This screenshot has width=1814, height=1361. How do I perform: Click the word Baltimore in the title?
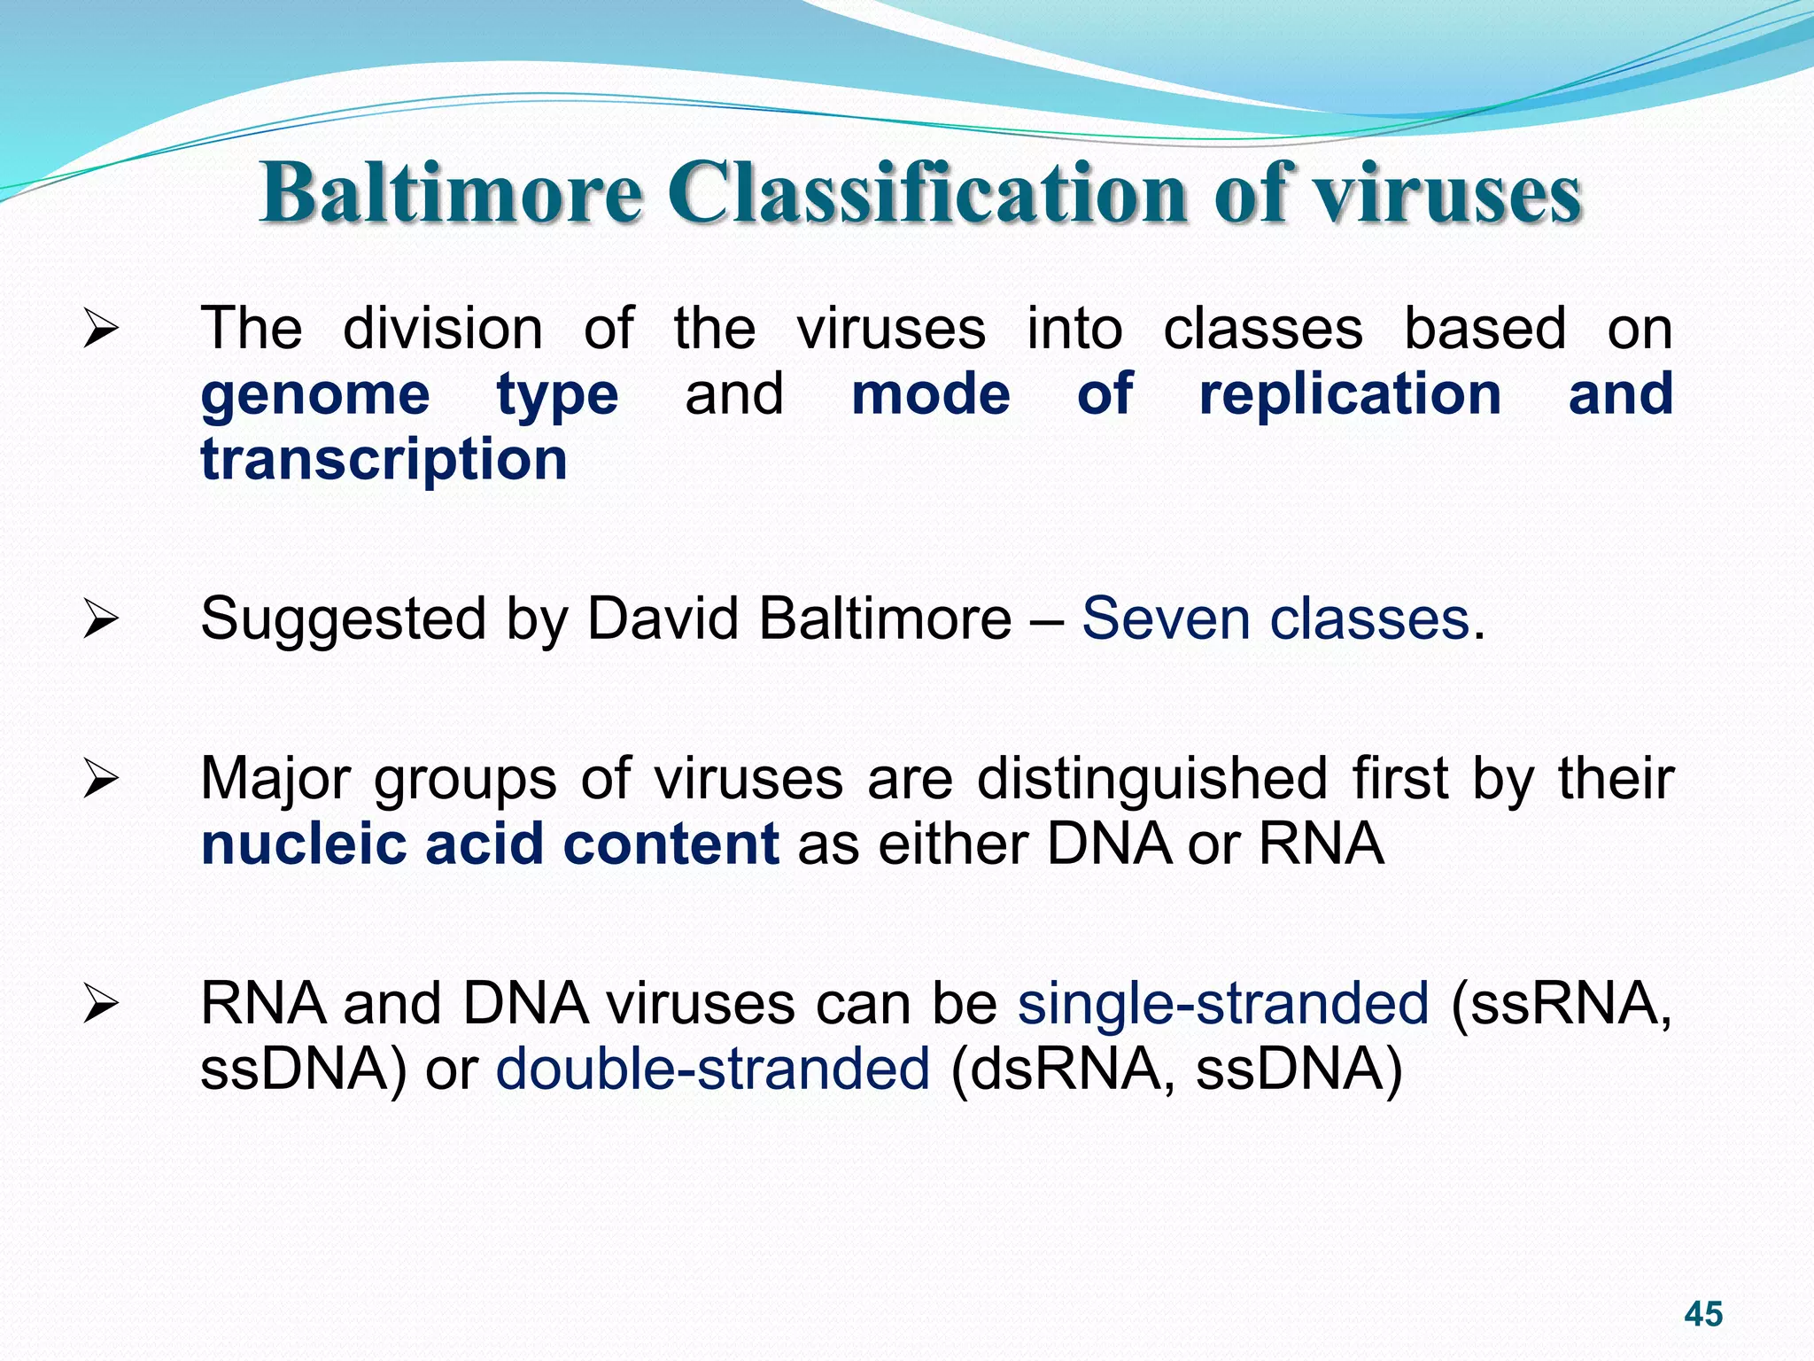coord(452,192)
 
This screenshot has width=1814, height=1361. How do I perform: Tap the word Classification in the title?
coord(926,192)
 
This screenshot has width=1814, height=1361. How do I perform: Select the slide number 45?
coord(1703,1313)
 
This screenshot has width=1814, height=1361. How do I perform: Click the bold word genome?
coord(315,394)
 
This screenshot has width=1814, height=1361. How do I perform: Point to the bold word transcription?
coord(384,460)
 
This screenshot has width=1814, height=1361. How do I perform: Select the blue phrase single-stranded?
coord(1223,1004)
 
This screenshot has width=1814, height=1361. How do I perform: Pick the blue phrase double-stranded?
coord(713,1069)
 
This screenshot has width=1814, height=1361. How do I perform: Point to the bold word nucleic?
coord(302,844)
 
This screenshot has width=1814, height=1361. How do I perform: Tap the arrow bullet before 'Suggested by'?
coord(100,619)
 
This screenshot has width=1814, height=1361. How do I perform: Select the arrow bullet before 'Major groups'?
coord(100,780)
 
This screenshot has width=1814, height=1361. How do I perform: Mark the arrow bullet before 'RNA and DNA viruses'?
coord(100,1005)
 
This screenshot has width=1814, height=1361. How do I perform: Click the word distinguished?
coord(1151,779)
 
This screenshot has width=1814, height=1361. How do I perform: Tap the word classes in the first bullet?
coord(1262,329)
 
